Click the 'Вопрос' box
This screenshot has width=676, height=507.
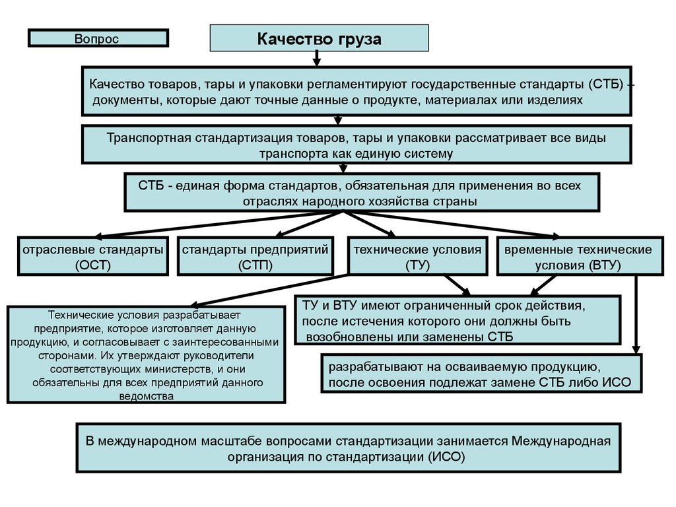tap(98, 38)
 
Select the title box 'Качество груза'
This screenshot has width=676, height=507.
tap(319, 38)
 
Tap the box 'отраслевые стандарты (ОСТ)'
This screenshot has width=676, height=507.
tap(92, 256)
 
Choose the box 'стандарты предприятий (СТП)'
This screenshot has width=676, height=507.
tap(255, 256)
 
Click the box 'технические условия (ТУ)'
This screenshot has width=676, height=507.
tap(418, 256)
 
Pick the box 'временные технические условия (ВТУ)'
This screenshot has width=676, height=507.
tap(578, 256)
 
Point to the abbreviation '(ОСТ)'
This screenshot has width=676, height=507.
tap(92, 265)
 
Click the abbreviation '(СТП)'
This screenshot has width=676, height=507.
tap(255, 265)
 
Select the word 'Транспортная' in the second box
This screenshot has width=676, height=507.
tap(149, 139)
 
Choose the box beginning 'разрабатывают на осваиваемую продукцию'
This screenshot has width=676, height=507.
tap(481, 374)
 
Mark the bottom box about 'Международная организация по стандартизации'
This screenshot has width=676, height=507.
tap(348, 448)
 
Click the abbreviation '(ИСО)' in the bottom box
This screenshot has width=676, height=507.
tap(446, 456)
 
